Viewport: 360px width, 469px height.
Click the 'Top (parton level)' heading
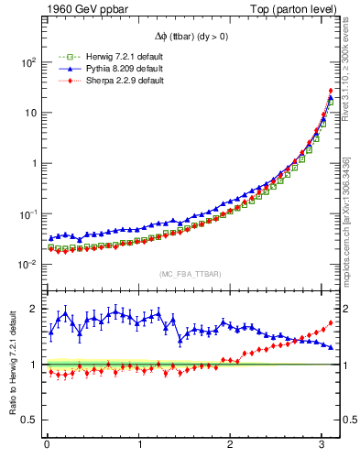tap(290, 10)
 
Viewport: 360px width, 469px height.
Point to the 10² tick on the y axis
tap(28, 62)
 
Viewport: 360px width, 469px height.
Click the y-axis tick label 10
tap(31, 113)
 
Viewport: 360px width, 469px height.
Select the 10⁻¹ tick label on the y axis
tap(28, 213)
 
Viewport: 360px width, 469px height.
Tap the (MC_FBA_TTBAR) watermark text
tap(190, 275)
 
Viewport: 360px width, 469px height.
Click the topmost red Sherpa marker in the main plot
tap(330, 91)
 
